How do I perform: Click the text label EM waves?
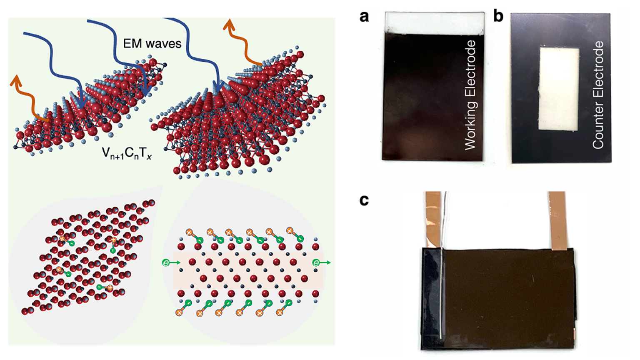click(152, 43)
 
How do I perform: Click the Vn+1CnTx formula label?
click(127, 153)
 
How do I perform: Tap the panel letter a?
click(364, 17)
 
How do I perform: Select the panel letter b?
click(498, 17)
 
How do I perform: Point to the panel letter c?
click(364, 200)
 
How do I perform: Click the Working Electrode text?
click(470, 95)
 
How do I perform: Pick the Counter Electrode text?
click(598, 95)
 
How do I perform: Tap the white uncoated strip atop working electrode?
click(435, 22)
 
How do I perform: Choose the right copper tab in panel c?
click(557, 220)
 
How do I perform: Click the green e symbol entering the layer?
click(166, 262)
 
